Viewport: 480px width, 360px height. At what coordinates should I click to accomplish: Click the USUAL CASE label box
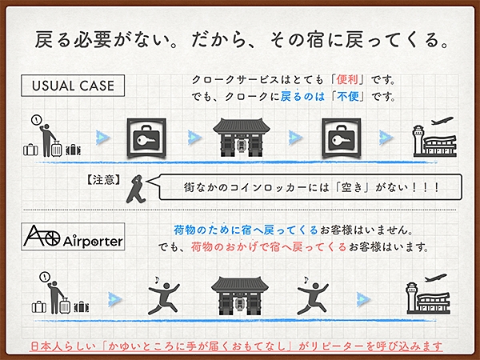click(x=73, y=86)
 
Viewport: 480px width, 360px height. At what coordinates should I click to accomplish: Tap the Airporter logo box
click(x=73, y=237)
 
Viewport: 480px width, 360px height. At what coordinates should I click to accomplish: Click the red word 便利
click(x=347, y=79)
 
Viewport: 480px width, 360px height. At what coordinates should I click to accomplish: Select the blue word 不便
click(x=348, y=97)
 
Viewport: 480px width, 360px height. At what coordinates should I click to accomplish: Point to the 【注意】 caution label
click(x=104, y=180)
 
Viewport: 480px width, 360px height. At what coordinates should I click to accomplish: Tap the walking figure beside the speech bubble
click(x=136, y=189)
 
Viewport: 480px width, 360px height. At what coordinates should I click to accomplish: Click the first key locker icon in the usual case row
click(x=146, y=138)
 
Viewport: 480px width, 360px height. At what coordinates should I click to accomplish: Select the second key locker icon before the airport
click(x=342, y=138)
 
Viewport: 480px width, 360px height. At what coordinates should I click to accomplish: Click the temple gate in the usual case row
click(x=242, y=138)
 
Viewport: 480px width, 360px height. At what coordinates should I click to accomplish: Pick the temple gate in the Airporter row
click(x=240, y=296)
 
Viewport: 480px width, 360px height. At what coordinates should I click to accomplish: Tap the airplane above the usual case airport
click(x=442, y=121)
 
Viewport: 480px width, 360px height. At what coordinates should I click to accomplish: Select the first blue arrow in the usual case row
click(x=103, y=138)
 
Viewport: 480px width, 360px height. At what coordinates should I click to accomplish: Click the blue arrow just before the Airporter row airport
click(x=364, y=299)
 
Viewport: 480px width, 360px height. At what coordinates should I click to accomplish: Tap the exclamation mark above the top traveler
click(x=37, y=120)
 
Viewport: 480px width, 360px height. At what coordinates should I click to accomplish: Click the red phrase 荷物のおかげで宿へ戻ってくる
click(x=269, y=246)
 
